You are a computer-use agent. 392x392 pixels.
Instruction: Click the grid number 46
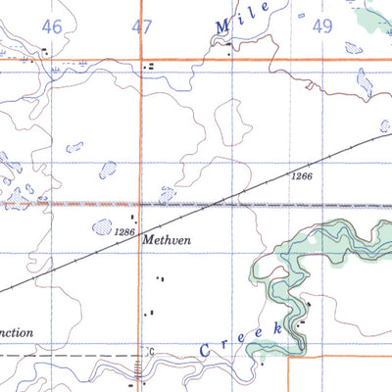click(x=52, y=27)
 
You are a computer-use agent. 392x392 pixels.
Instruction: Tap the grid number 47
click(x=143, y=27)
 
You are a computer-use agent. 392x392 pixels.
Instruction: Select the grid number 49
click(x=323, y=27)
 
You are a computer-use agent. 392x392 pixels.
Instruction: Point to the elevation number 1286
click(x=123, y=232)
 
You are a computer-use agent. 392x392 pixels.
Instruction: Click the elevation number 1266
click(x=301, y=176)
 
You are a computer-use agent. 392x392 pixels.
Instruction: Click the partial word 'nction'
click(x=18, y=333)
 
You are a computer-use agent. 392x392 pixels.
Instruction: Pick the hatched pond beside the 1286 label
click(x=102, y=227)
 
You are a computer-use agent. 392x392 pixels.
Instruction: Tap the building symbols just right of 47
click(x=149, y=67)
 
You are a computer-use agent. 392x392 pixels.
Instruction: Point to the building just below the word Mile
click(x=229, y=55)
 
